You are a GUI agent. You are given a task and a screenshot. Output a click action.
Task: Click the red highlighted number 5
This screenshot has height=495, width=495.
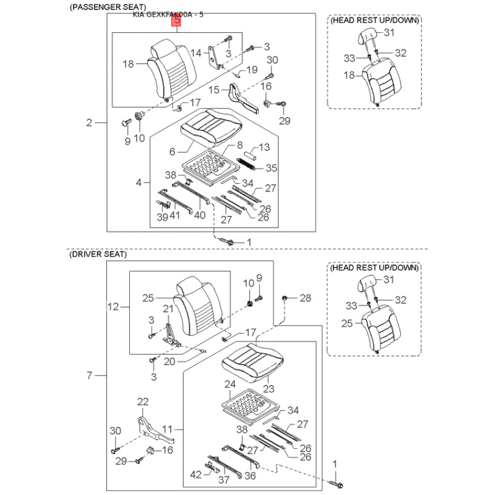178,22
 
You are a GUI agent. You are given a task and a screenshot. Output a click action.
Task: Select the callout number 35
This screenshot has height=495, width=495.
272,168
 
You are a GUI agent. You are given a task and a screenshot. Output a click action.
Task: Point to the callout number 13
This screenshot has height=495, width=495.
264,147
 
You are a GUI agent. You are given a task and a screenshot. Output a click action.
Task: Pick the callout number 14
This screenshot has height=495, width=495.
196,53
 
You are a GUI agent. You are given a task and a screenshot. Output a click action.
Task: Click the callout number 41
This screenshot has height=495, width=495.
175,215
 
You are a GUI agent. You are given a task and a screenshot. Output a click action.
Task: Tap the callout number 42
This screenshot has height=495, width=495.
196,475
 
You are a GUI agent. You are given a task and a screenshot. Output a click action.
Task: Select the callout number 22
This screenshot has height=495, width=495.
143,402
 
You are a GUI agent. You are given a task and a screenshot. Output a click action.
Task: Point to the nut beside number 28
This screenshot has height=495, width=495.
285,299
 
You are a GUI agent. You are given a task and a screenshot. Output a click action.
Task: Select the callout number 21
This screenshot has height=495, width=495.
168,309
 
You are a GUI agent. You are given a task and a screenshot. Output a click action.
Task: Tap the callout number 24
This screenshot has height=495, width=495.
230,384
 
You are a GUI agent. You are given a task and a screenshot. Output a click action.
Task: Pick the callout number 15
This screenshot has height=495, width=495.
213,90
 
